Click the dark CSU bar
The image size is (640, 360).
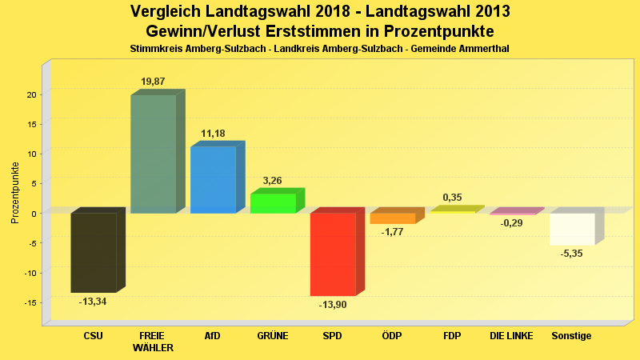(x=94, y=252)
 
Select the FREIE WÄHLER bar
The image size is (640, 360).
(x=153, y=154)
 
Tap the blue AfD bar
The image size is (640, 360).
(x=213, y=179)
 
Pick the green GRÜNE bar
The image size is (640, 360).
(x=273, y=203)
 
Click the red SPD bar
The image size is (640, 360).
(x=333, y=254)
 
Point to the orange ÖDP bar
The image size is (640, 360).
(x=393, y=218)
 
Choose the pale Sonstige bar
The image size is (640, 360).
(x=572, y=229)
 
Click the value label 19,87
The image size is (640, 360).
(x=153, y=82)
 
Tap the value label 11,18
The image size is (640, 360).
(x=213, y=134)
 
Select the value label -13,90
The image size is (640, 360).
(x=333, y=305)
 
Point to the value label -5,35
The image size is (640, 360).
(x=572, y=254)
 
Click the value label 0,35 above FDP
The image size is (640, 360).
(x=452, y=198)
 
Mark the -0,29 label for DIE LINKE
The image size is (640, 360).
(x=511, y=223)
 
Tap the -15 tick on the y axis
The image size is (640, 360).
(x=30, y=302)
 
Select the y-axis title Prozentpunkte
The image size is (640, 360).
(x=14, y=192)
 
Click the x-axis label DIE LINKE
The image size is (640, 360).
(x=511, y=336)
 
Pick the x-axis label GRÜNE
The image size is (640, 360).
(x=273, y=336)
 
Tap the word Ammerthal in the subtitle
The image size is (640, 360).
(x=484, y=50)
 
